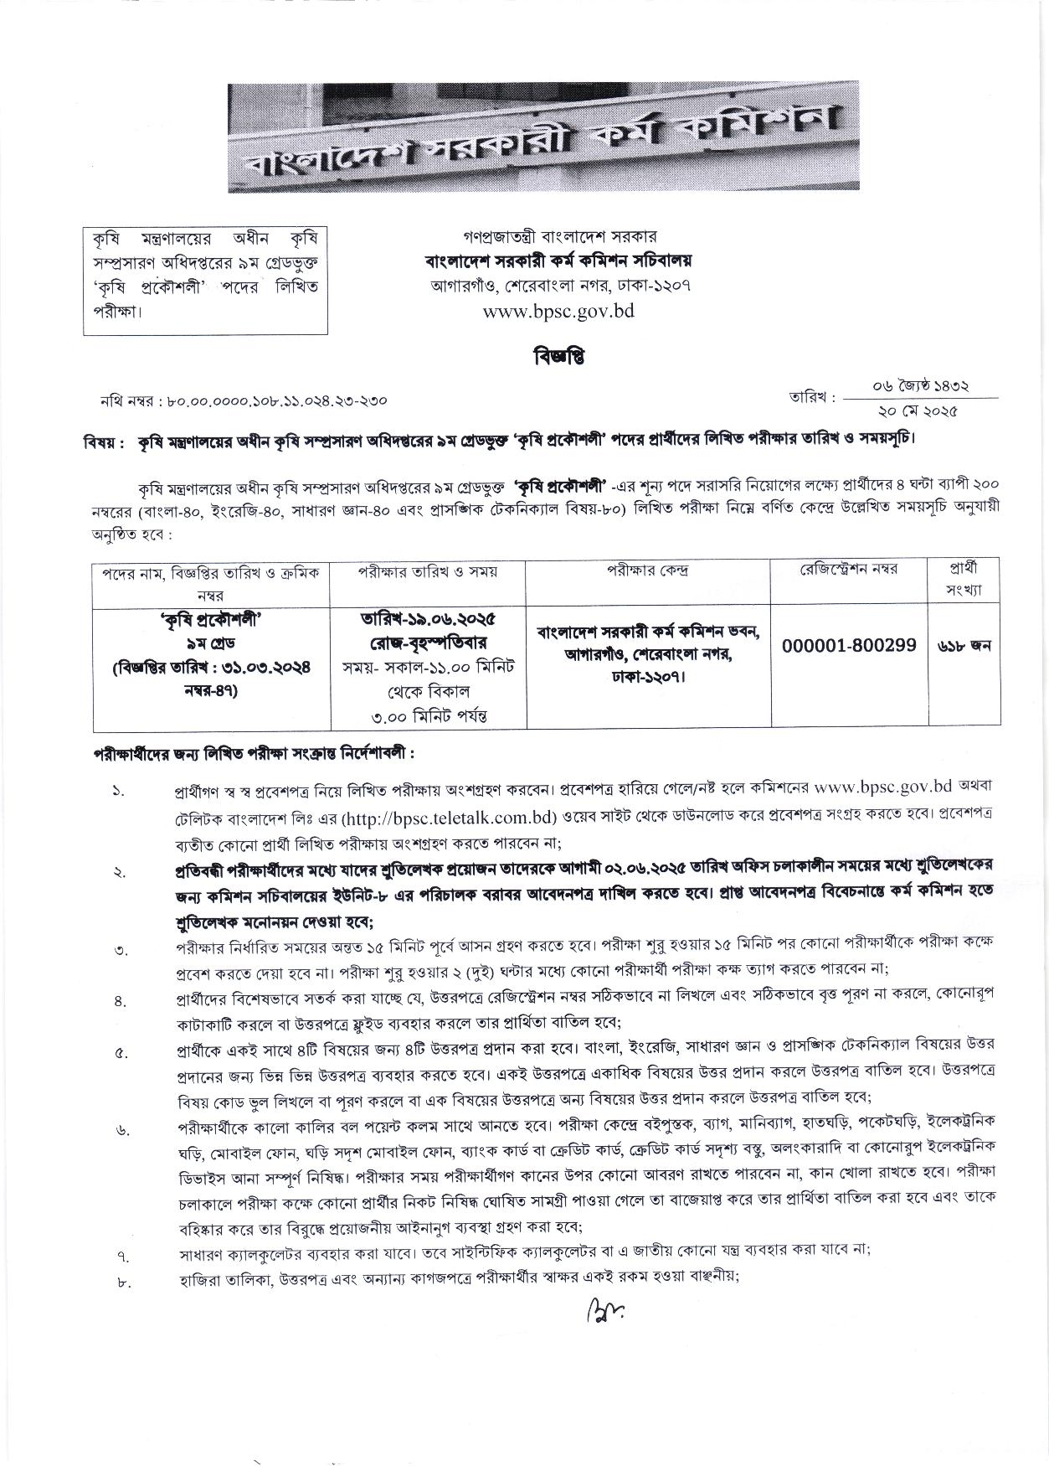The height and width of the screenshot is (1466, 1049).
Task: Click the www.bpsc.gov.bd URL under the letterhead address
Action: click(558, 311)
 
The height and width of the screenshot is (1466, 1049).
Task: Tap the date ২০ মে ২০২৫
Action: click(918, 410)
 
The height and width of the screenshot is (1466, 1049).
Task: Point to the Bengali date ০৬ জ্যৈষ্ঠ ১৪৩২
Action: click(920, 386)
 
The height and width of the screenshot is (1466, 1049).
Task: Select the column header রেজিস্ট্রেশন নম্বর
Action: click(849, 570)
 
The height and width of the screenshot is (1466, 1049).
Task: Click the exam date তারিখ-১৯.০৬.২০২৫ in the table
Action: click(428, 620)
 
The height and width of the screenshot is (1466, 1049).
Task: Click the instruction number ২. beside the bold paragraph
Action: click(121, 872)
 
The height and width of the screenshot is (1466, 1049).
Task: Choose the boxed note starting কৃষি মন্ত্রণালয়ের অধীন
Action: click(205, 280)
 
